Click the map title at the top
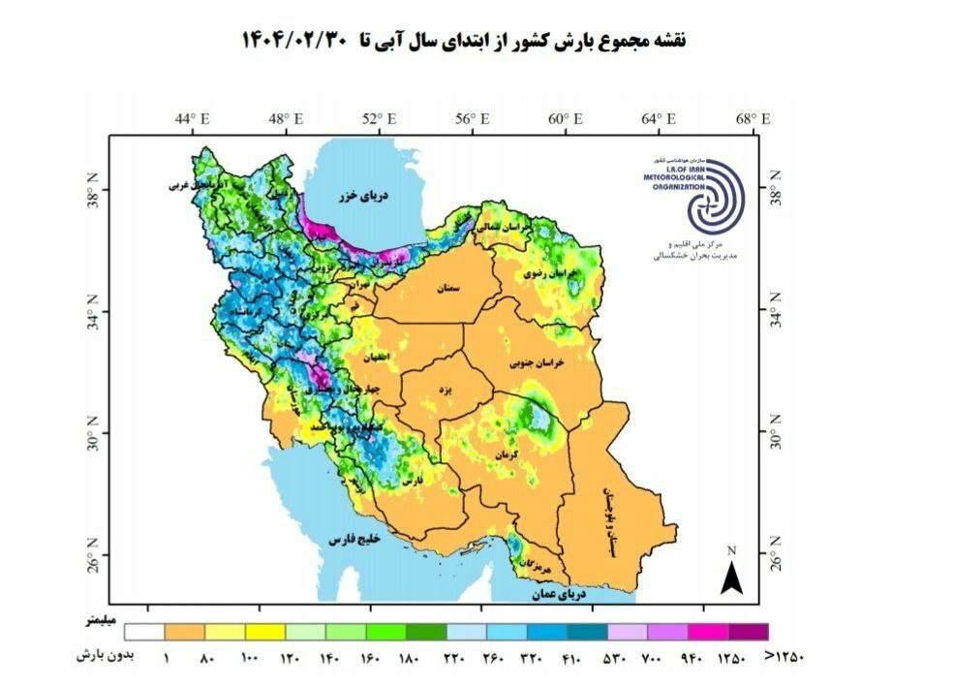pyautogui.click(x=463, y=41)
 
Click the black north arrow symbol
pyautogui.click(x=731, y=576)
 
